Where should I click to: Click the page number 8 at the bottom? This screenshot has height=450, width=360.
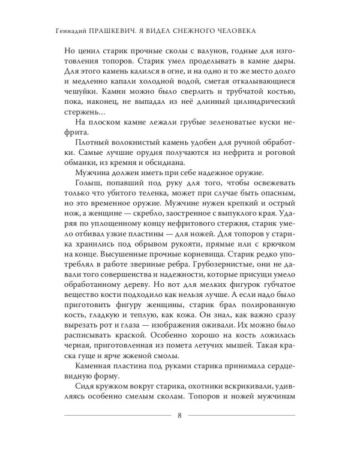pyautogui.click(x=180, y=416)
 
